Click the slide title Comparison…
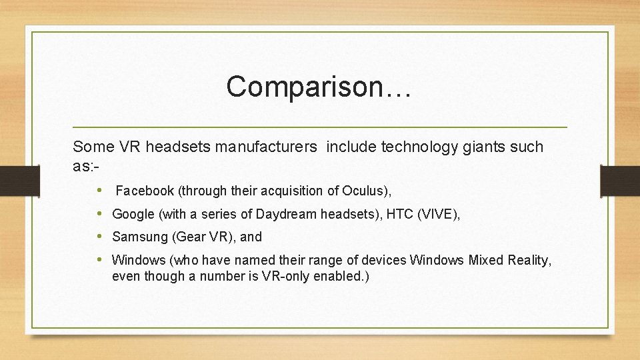click(x=319, y=87)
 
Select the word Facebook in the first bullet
click(x=144, y=191)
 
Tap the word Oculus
click(x=365, y=191)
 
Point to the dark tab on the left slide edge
click(x=12, y=180)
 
